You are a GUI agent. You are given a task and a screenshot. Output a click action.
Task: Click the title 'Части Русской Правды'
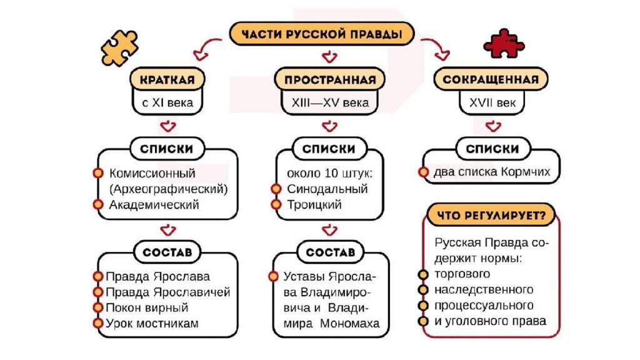[x=322, y=34]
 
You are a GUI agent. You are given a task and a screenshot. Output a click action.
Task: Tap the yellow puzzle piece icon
[x=119, y=47]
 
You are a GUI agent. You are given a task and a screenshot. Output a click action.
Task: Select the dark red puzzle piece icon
[x=504, y=43]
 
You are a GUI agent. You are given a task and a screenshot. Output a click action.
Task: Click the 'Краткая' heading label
[x=167, y=79]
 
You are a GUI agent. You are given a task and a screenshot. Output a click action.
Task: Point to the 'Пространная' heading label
[x=330, y=79]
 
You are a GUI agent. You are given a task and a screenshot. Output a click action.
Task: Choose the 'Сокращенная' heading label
[x=491, y=79]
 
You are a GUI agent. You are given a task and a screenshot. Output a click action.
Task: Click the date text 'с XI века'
[x=167, y=102]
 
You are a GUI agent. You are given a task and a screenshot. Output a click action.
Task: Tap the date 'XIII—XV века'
[x=330, y=102]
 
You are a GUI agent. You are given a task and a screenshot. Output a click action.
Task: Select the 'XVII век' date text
[x=492, y=102]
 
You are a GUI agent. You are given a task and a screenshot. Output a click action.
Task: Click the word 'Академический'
[x=154, y=204]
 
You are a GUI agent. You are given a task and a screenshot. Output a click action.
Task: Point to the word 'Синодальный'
[x=327, y=189]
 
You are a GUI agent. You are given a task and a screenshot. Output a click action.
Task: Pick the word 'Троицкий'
[x=314, y=204]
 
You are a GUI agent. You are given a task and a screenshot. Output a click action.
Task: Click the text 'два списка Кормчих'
[x=492, y=171]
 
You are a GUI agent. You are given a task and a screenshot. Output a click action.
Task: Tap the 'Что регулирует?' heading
[x=491, y=215]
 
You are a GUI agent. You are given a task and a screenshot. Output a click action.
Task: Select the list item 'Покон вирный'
[x=147, y=307]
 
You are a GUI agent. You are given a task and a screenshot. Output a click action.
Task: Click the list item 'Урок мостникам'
[x=152, y=323]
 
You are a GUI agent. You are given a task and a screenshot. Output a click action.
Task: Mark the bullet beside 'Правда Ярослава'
[x=98, y=276]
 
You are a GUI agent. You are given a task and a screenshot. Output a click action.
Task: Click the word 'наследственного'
[x=484, y=289]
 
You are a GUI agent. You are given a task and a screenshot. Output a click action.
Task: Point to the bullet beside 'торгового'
[x=423, y=274]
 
